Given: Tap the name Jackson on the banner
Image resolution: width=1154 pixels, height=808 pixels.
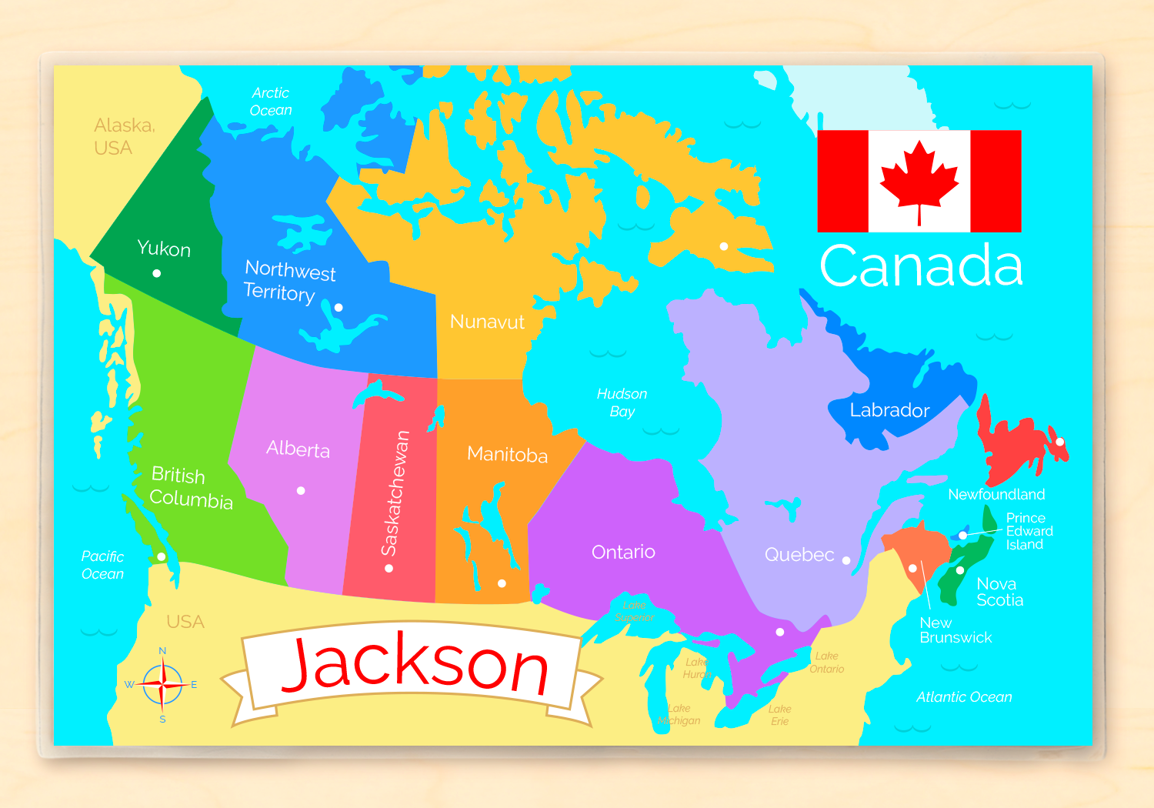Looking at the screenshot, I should click(x=415, y=664).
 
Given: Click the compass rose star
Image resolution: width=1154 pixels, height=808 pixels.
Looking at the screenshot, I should click(x=162, y=684).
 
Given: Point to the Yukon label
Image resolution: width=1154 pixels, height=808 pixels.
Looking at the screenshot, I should click(x=164, y=249).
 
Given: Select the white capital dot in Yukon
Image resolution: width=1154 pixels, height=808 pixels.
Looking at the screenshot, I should click(x=157, y=273).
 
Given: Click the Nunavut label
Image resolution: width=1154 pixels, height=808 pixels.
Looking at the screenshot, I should click(x=487, y=322).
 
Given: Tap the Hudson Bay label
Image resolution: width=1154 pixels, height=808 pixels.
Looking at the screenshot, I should click(x=622, y=402).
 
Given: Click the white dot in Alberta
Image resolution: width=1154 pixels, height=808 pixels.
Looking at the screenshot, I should click(x=301, y=490).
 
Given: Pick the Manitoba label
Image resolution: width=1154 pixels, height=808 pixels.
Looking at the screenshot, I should click(x=507, y=454).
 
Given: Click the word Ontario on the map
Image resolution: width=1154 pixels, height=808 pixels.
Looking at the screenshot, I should click(x=623, y=552).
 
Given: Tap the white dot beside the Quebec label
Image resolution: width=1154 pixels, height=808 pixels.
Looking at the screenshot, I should click(x=846, y=560).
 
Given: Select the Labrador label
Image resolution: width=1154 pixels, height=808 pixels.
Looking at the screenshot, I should click(x=889, y=410).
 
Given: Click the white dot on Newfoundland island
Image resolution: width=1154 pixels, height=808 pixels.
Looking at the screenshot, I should click(x=1059, y=442).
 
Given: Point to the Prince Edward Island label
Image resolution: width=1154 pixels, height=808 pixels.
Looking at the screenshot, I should click(x=1029, y=531).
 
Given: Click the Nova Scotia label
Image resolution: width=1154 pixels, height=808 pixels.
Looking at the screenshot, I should click(x=999, y=592).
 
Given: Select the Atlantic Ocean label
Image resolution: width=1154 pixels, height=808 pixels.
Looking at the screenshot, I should click(x=964, y=697).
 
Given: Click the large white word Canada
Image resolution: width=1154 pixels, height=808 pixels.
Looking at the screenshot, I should click(x=921, y=266).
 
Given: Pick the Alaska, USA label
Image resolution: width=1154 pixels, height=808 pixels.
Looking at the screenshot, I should click(x=124, y=136).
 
